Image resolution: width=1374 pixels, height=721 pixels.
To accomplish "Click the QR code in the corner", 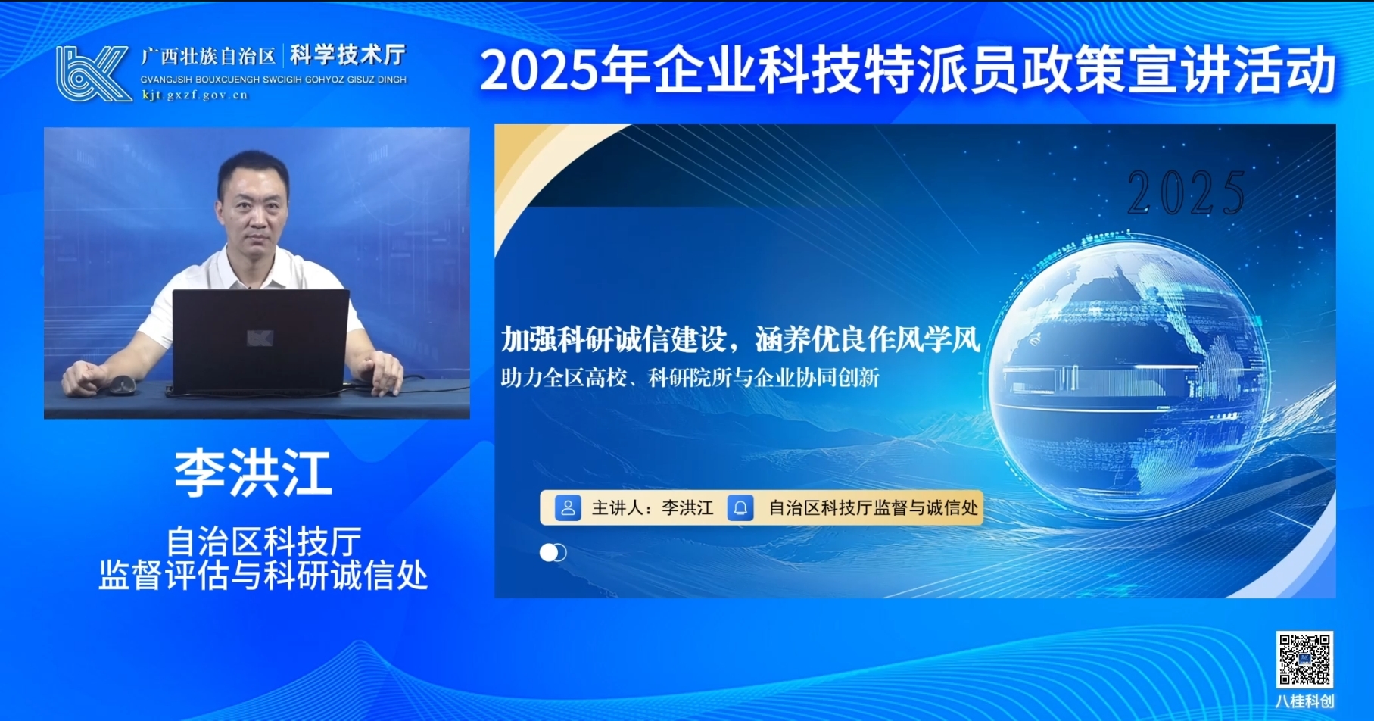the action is [x=1304, y=660].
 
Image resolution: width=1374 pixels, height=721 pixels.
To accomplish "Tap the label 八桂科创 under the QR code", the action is [x=1304, y=701].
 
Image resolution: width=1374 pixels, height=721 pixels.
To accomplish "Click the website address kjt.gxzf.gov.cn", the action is [x=195, y=95].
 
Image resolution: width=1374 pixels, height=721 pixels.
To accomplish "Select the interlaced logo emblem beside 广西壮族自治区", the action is [x=93, y=73].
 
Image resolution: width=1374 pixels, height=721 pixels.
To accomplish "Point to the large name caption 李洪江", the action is [x=254, y=473].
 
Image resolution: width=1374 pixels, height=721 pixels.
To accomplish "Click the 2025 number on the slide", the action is [x=1186, y=193].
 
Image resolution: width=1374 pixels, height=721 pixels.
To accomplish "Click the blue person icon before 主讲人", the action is [x=568, y=507].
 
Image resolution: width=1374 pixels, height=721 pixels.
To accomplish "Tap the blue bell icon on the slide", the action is [x=740, y=507].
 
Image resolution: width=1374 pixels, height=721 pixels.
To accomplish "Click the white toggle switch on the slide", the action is [x=553, y=553].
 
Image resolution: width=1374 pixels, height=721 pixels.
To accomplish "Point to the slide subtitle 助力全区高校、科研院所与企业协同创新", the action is [x=690, y=377].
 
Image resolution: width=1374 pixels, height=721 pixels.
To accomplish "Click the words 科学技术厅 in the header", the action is [x=348, y=55].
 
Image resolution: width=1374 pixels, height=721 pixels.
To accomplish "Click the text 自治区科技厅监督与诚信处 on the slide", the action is [x=874, y=507].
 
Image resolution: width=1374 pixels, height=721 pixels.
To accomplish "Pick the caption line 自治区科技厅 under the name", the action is [x=263, y=542].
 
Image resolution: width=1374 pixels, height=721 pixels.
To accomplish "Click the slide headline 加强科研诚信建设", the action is [x=613, y=339].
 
